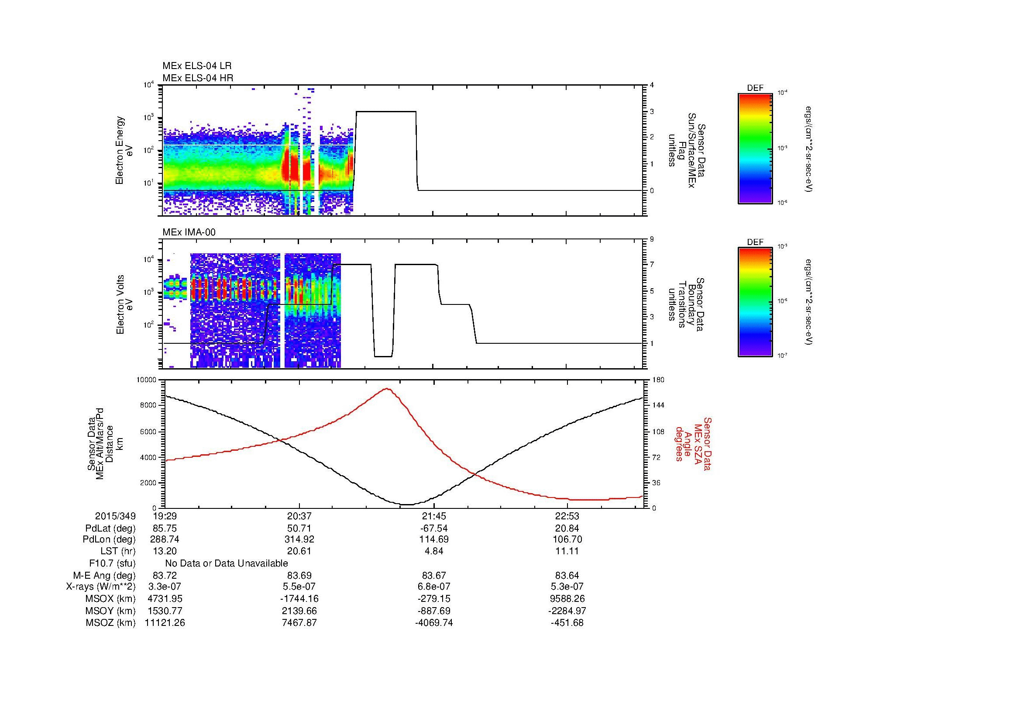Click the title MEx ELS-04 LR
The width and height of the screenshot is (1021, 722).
(196, 66)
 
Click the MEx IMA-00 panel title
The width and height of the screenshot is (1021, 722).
(189, 232)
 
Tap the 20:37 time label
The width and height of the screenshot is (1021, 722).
(299, 516)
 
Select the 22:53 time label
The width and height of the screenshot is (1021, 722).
(567, 516)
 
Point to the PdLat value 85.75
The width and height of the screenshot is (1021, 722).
(165, 529)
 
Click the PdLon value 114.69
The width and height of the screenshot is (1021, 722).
(433, 539)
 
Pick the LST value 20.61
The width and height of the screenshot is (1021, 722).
(299, 551)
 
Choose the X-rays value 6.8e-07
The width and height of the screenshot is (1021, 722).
(433, 587)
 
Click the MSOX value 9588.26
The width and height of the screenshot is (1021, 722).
(567, 599)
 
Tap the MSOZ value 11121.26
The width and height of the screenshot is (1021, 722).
(165, 623)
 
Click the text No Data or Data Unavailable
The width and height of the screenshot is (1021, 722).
(227, 563)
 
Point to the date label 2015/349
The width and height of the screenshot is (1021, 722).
(115, 516)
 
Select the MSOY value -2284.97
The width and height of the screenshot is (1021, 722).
(567, 611)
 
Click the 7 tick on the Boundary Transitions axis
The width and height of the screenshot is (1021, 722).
(652, 265)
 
